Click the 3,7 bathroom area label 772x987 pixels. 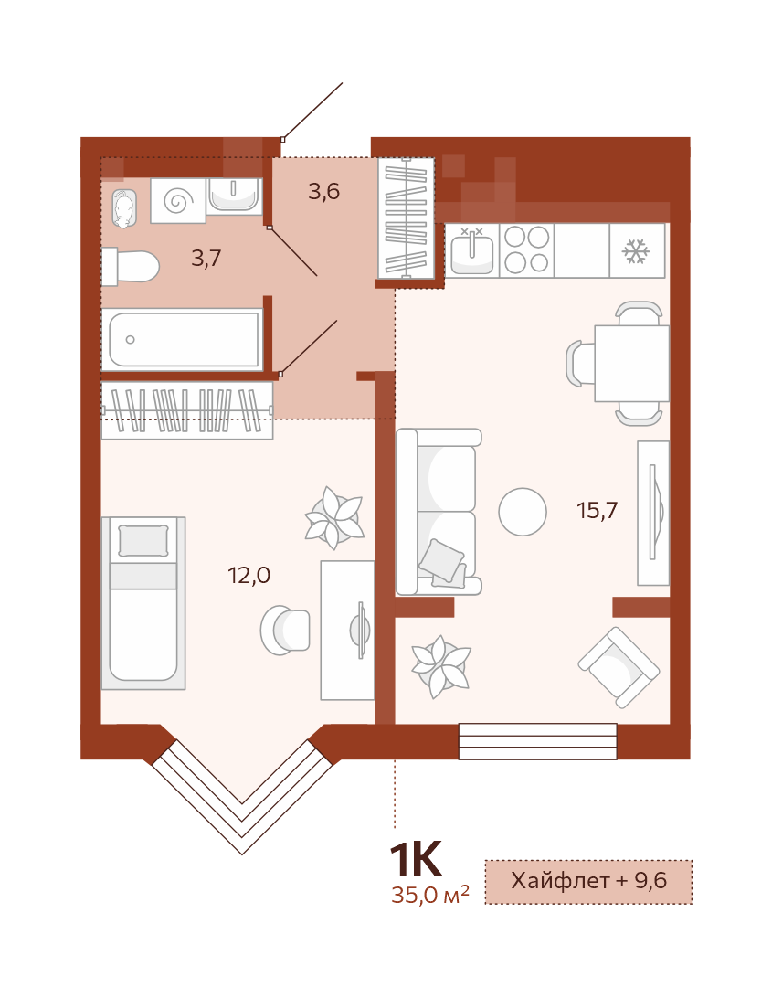point(206,258)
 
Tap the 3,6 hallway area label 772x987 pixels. point(324,191)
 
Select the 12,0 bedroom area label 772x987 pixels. point(249,575)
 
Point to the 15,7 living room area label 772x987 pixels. point(598,510)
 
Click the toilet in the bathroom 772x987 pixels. point(131,266)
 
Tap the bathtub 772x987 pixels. point(183,339)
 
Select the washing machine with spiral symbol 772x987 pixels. point(178,201)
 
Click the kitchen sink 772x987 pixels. point(472,250)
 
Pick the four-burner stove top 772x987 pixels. point(526,250)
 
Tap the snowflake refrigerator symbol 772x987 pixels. point(636,251)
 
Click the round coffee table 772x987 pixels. point(523,512)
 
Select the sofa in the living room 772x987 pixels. point(439,512)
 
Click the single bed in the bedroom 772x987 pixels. point(143,603)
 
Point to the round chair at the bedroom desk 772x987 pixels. point(285,630)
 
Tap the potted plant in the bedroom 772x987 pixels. point(334,518)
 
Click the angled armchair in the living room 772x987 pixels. point(619,667)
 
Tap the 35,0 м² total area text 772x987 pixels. point(430,894)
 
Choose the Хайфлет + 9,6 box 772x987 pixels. point(588,881)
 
